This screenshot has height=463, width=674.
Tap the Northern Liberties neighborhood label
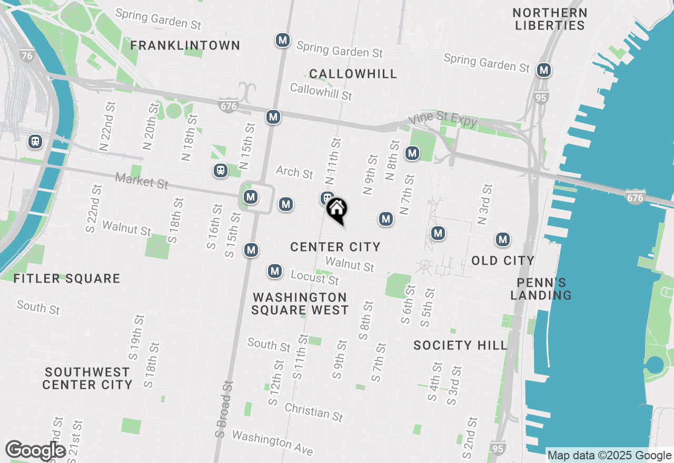(x=550, y=19)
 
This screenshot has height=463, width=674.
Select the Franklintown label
(x=185, y=46)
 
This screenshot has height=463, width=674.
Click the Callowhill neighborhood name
(x=353, y=74)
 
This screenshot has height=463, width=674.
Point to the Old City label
(x=503, y=260)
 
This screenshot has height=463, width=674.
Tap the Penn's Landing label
(x=541, y=288)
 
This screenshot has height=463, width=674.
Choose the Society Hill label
(x=460, y=346)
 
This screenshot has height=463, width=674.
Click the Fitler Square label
(x=67, y=279)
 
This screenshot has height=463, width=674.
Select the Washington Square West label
(x=300, y=304)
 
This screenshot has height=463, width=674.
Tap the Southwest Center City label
(x=87, y=379)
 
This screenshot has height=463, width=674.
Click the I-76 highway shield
(x=27, y=55)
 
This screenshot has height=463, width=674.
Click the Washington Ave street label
(x=272, y=443)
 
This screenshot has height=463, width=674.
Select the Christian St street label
(x=314, y=412)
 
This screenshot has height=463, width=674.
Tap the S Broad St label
(x=224, y=410)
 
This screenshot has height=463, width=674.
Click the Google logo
(x=35, y=451)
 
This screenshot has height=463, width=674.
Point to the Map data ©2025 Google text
(x=609, y=456)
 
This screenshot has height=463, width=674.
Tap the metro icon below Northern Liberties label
(x=544, y=70)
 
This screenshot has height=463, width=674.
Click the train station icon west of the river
(x=35, y=142)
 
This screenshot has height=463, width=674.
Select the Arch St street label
(x=294, y=172)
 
